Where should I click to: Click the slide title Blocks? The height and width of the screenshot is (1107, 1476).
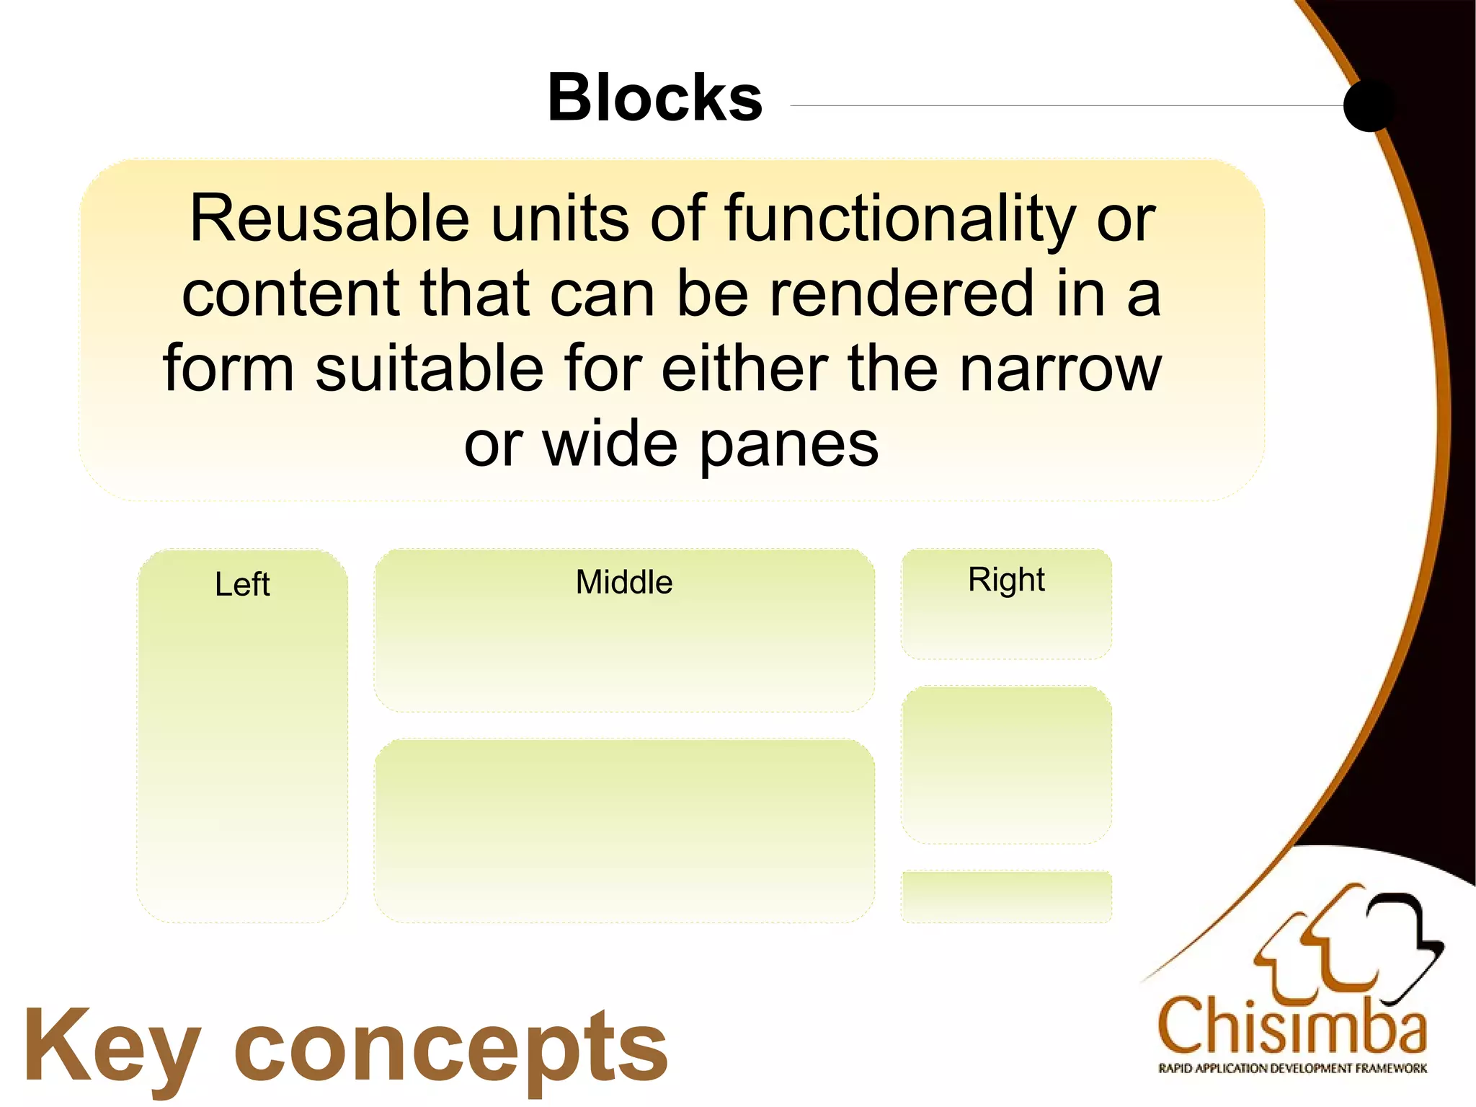coord(654,98)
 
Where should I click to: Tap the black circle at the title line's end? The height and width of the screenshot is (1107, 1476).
coord(1369,105)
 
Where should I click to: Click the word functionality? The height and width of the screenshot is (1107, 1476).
coord(899,219)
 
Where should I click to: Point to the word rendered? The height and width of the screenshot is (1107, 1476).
coord(902,294)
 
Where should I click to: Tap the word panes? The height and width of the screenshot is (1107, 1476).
coord(789,446)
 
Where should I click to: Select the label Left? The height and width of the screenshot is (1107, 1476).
coord(242,584)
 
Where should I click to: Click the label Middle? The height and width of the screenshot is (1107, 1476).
coord(624,582)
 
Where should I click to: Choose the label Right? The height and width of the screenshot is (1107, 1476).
coord(1006,581)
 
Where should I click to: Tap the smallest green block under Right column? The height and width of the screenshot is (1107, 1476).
coord(1006,896)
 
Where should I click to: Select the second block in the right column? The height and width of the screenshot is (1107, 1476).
coord(1006,764)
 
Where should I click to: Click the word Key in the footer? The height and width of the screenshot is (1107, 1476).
coord(112,1047)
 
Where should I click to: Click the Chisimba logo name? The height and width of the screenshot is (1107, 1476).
coord(1291,1027)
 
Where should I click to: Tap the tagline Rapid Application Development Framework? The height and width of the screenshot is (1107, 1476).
coord(1292,1068)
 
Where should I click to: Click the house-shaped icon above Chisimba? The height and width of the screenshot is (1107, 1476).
coord(1348,945)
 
